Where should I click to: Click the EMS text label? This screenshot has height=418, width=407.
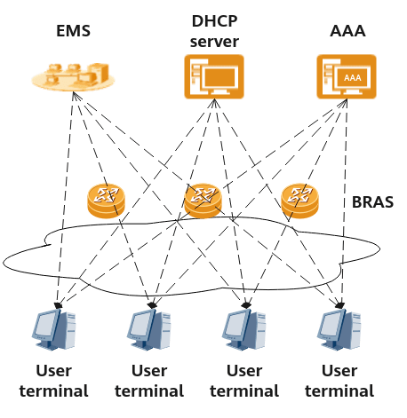coord(73,31)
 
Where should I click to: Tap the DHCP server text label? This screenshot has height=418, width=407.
coord(214,31)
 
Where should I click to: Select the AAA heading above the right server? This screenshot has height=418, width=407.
coord(347,31)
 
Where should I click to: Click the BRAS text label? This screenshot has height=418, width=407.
coord(372,202)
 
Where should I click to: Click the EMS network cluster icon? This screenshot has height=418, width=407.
coord(73,76)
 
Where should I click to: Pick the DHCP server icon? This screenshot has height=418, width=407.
coord(214,76)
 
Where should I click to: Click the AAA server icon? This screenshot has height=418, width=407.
coord(347,76)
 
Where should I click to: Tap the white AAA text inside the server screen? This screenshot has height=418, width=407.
coord(353,78)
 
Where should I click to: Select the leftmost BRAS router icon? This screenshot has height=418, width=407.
coord(106,201)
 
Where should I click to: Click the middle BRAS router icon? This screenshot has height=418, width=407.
coord(203,201)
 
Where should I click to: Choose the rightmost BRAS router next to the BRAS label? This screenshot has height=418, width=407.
coord(299,201)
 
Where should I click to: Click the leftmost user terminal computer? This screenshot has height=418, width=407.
coord(54,329)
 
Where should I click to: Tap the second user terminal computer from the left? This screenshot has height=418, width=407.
coord(149,329)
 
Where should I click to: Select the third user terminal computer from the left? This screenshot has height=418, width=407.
coord(244,329)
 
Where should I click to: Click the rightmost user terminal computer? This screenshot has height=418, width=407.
coord(339,329)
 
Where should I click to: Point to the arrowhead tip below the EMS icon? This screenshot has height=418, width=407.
coord(73,92)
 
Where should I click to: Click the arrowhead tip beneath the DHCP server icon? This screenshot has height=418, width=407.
coord(214,99)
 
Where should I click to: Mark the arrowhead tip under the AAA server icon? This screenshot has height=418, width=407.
coord(347,99)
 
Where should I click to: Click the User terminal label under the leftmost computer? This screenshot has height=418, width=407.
coord(54,381)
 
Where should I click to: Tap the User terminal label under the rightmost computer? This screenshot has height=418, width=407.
coord(339,381)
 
